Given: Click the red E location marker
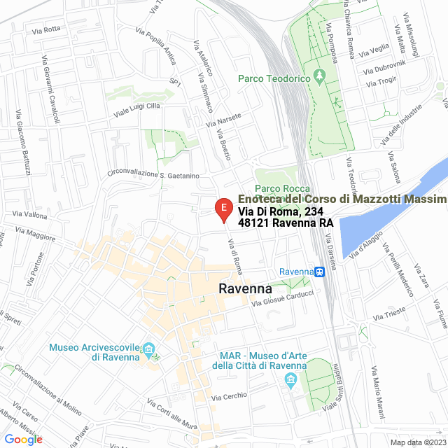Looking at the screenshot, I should point(223,209).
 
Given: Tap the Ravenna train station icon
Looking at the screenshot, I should point(318,272).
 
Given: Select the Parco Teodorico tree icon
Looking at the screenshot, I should point(321,75).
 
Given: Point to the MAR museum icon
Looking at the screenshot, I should point(290,380).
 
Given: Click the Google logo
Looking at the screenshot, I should point(22,439).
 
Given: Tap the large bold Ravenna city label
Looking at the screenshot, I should point(245,288).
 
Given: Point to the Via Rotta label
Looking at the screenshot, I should point(47,30).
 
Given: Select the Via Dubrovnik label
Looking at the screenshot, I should point(384,70).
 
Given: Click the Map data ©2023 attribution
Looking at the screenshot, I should point(417,442).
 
